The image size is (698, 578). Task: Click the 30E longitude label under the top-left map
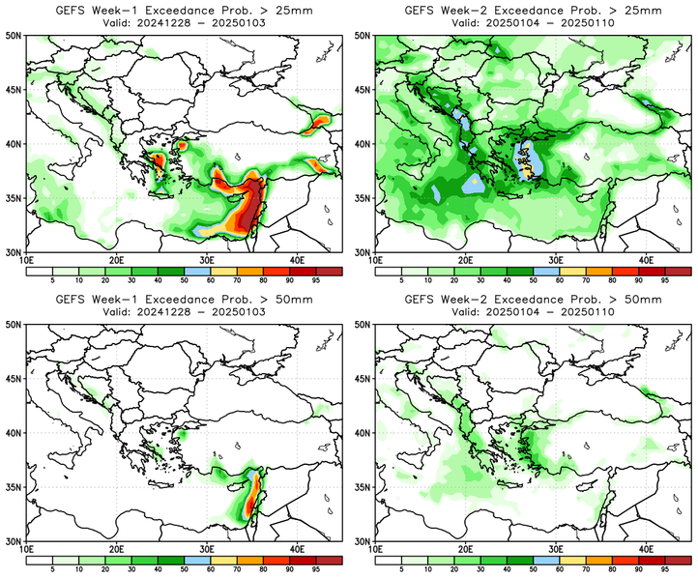[207, 260]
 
